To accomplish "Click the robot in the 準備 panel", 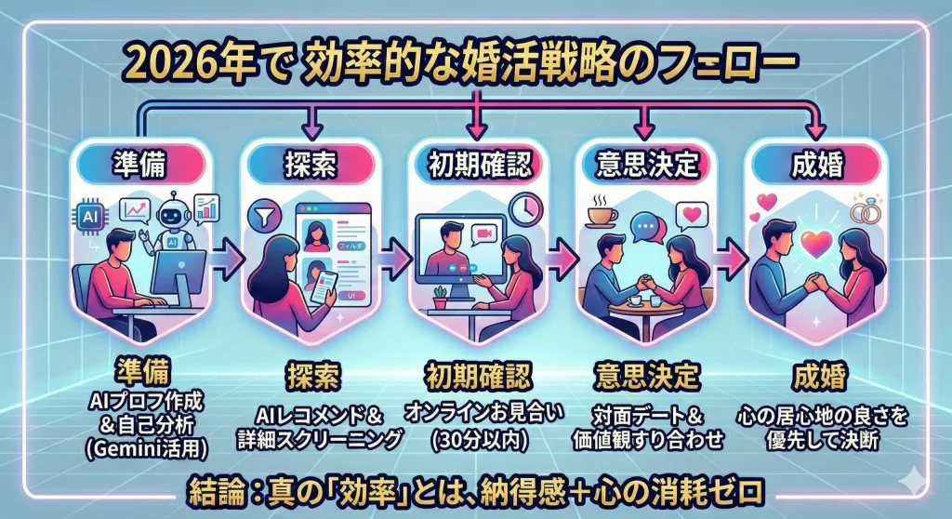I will pos(172,220).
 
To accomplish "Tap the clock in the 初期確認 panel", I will pos(524,208).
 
